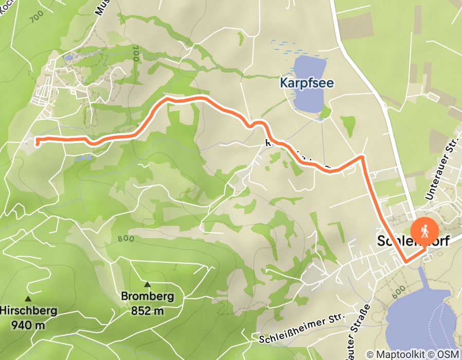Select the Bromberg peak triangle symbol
pos(147,284)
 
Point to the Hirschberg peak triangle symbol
pos(28,298)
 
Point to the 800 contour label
pos(125,239)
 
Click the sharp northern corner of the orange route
pos(363,157)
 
